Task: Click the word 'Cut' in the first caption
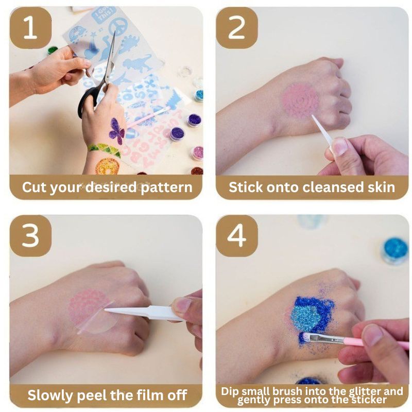[x=35, y=186]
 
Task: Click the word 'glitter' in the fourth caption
[x=358, y=391]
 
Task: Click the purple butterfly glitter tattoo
[x=117, y=131]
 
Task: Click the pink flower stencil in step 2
[x=300, y=99]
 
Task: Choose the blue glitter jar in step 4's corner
[x=396, y=249]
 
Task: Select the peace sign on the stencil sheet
[x=118, y=27]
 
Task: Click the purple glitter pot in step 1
[x=194, y=120]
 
